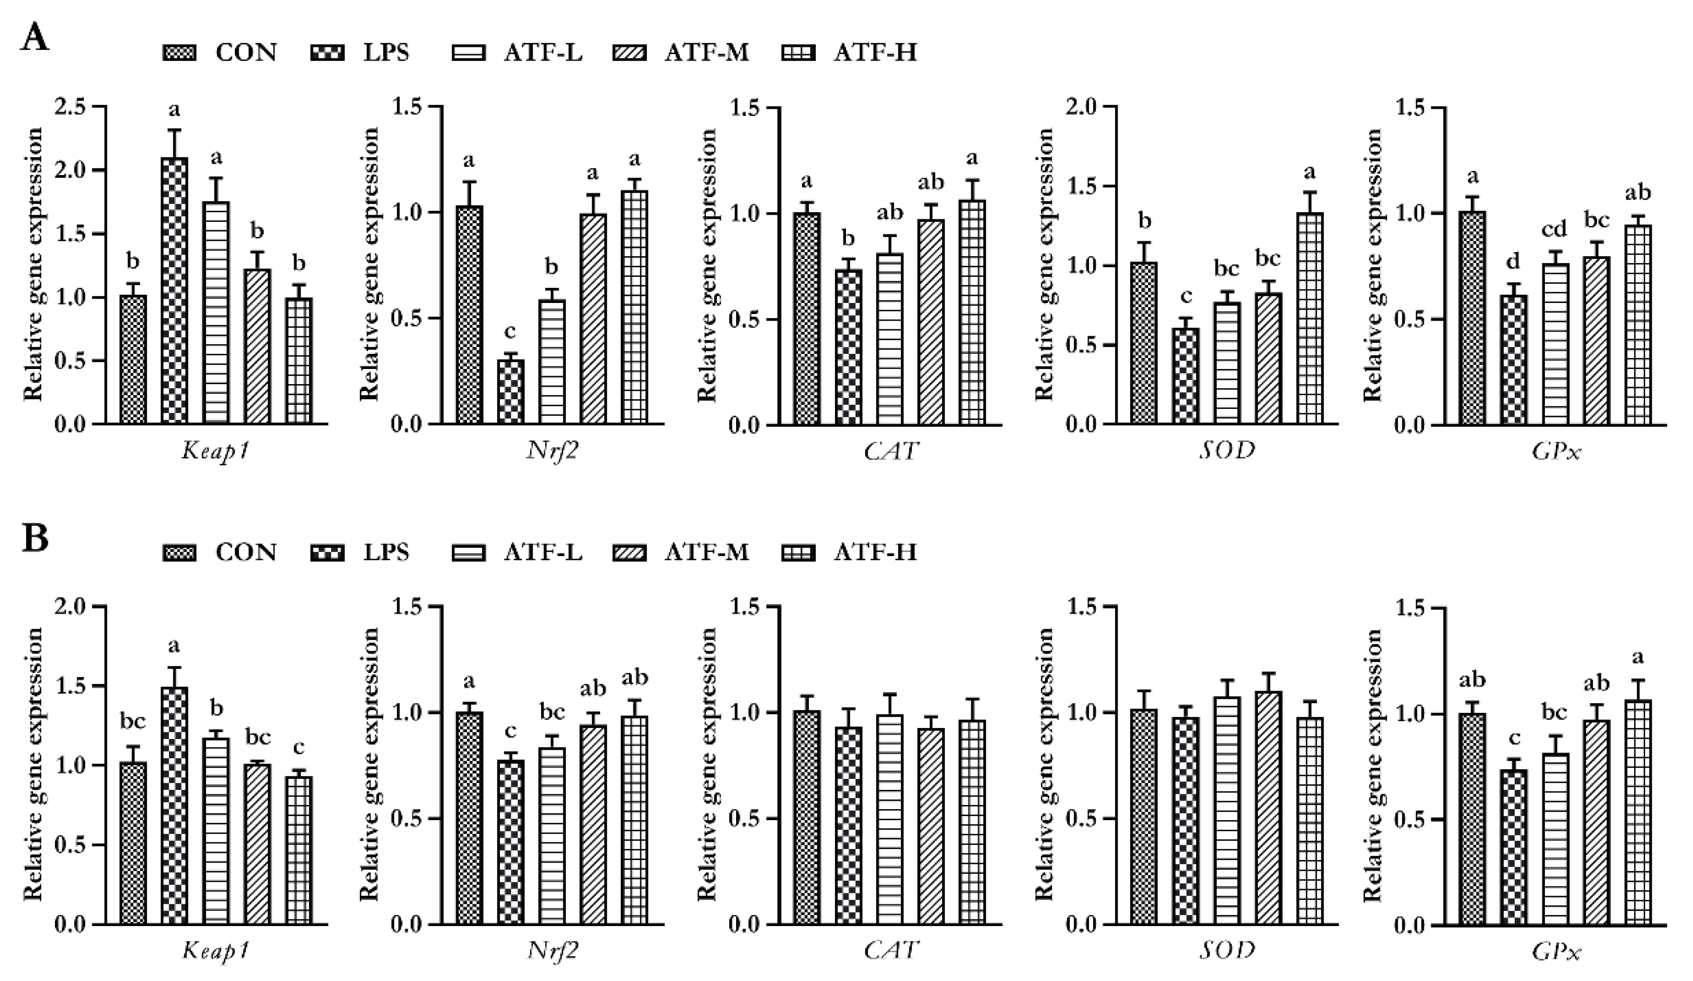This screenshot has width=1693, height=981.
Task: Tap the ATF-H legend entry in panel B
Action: coord(850,553)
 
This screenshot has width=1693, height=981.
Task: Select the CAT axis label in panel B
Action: coord(891,950)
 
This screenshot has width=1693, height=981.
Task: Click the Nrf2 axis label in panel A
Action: coord(552,451)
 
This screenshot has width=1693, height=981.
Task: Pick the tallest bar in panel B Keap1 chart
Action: coord(175,806)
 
